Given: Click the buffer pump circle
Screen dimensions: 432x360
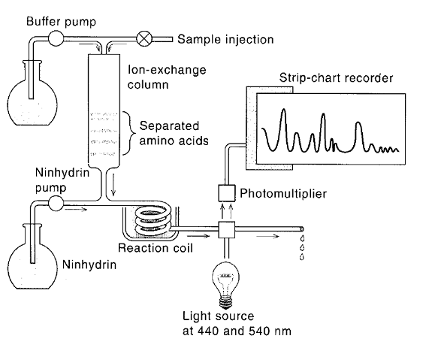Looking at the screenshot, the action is (x=56, y=38).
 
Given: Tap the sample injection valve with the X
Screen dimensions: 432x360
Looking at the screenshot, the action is (x=144, y=39).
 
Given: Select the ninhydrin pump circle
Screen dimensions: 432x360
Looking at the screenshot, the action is (x=56, y=203).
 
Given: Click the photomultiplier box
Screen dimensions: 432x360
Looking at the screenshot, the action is (x=227, y=193).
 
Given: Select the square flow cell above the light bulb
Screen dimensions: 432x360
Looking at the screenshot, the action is (x=227, y=230).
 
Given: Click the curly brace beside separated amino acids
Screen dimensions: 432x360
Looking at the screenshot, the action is (x=129, y=134).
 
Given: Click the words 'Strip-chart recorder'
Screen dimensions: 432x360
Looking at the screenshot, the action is (x=336, y=78).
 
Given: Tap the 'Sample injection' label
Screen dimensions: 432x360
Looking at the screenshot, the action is (x=225, y=39).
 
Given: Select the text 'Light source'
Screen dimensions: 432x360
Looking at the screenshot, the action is (x=218, y=316).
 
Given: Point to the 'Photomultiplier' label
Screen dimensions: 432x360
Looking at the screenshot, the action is (x=283, y=193).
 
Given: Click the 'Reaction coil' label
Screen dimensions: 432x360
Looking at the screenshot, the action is (x=155, y=248).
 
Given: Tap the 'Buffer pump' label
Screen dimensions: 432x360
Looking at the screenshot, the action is (x=61, y=22).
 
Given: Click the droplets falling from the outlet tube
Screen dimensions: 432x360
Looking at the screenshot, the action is (x=302, y=247).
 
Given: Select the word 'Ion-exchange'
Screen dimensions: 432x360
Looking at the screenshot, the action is (x=167, y=70).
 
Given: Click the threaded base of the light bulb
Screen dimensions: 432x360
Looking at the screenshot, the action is (x=225, y=302).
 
